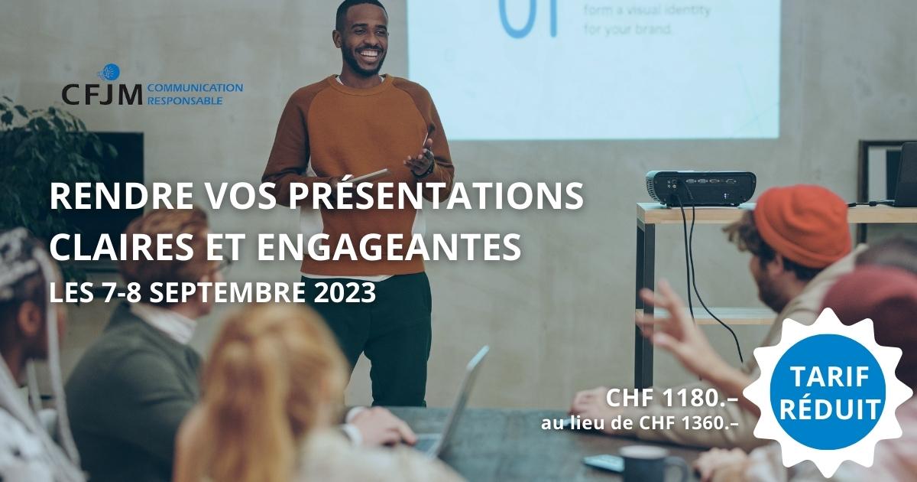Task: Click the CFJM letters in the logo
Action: click(101, 94)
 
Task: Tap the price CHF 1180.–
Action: click(672, 398)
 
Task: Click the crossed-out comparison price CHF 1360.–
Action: click(692, 422)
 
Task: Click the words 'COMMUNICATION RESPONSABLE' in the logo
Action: click(194, 93)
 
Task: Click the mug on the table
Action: click(650, 464)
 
